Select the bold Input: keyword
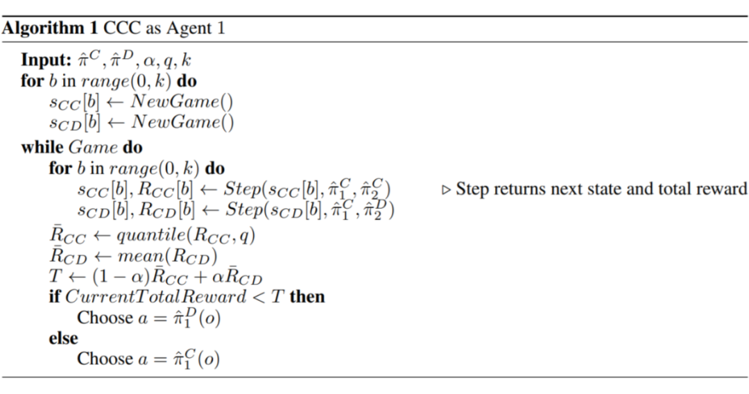click(45, 60)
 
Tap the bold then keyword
click(307, 297)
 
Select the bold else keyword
click(63, 338)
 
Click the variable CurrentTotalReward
click(155, 297)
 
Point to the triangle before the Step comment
click(447, 189)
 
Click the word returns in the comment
click(514, 189)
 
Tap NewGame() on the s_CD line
click(182, 123)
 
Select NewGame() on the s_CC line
click(182, 102)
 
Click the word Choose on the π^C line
click(105, 359)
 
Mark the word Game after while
click(93, 148)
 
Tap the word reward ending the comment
click(725, 189)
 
